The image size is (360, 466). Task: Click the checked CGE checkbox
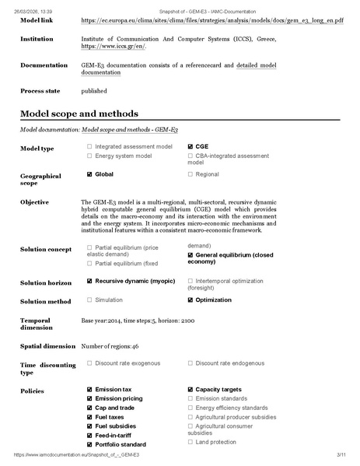click(x=190, y=146)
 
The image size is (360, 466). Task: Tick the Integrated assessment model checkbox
click(x=89, y=146)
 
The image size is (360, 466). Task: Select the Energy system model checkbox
click(x=89, y=156)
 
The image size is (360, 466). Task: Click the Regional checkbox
click(x=190, y=174)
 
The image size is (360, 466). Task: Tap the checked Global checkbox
click(x=89, y=174)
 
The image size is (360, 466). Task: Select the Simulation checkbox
click(x=89, y=300)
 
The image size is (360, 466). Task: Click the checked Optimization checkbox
click(x=190, y=300)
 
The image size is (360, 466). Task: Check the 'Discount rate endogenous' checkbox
click(x=190, y=363)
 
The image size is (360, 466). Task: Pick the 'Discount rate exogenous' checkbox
click(x=89, y=363)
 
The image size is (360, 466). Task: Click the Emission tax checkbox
click(x=89, y=389)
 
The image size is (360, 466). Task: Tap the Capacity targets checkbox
click(x=190, y=389)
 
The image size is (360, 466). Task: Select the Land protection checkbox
click(x=190, y=442)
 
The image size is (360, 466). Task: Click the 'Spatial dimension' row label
click(x=47, y=345)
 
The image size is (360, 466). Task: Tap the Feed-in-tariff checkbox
click(x=89, y=435)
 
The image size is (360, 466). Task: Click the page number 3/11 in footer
click(x=341, y=454)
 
